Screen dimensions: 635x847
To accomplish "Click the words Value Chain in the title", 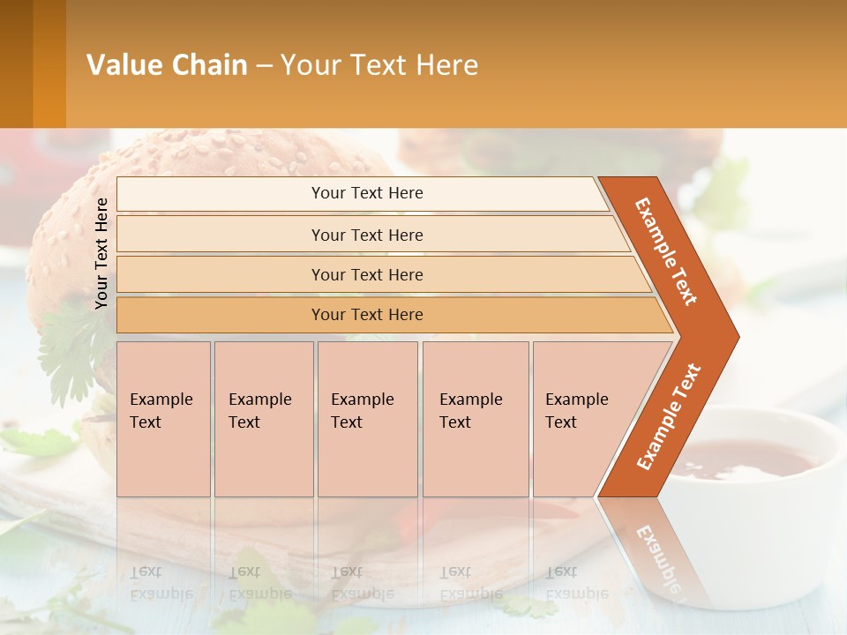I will (x=167, y=65).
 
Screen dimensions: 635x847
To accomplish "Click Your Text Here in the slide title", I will (x=379, y=65).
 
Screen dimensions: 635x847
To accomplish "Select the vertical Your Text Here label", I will (x=101, y=253).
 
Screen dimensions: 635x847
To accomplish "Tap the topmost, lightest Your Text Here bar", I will (x=366, y=193).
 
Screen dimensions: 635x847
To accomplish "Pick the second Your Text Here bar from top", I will (x=366, y=235).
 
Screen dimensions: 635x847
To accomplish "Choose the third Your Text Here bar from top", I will (x=366, y=274).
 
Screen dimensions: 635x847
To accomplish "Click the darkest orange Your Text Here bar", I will (x=366, y=315).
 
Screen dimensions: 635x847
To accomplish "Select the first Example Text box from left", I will (x=163, y=419).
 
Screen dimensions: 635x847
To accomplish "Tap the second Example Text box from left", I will (x=263, y=419).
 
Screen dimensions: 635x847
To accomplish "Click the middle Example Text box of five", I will (x=366, y=419).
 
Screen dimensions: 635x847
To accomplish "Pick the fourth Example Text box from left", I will (x=475, y=419).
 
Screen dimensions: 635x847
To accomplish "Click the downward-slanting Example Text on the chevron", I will (x=666, y=251).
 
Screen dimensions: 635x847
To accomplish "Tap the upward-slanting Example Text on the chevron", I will (x=668, y=417).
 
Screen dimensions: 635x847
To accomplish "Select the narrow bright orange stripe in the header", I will (x=49, y=64).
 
